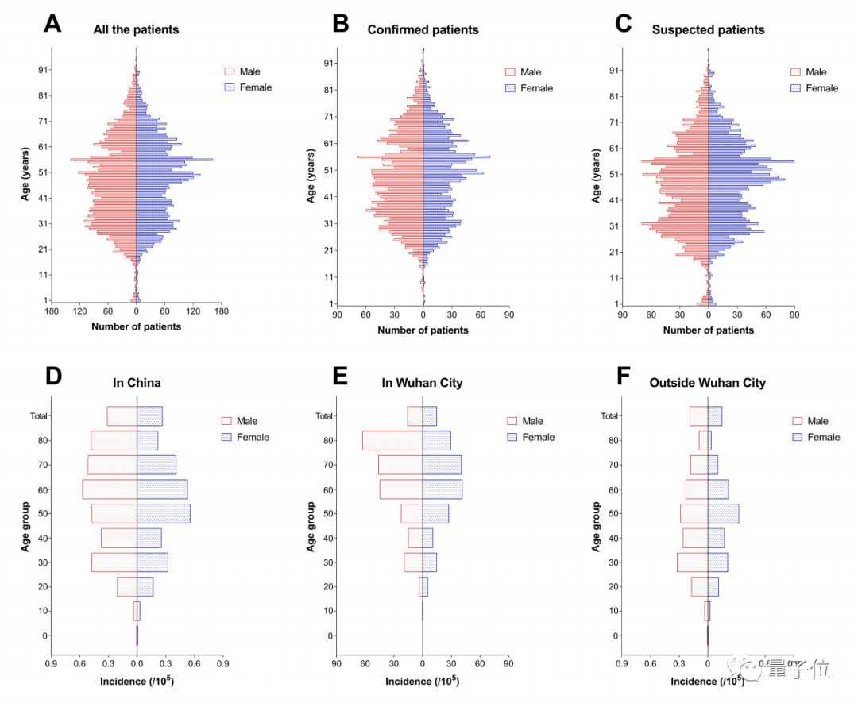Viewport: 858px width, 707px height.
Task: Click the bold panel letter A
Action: tap(52, 24)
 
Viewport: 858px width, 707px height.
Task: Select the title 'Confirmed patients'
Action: tap(423, 30)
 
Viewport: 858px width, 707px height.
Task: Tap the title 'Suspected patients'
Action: tap(708, 30)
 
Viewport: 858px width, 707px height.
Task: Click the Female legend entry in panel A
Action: tap(247, 87)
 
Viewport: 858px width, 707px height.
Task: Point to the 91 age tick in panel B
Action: tap(326, 64)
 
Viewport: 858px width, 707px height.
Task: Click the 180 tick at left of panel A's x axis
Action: tap(52, 312)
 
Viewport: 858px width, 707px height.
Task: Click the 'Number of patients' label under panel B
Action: tap(423, 330)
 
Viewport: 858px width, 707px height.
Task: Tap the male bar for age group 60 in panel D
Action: tap(110, 489)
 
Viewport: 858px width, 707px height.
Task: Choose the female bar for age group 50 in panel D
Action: tap(164, 513)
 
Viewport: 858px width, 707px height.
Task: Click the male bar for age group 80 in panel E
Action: tap(392, 440)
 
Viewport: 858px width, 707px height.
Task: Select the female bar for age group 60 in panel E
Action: tap(442, 489)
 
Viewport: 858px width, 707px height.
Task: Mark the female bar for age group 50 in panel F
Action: tap(723, 513)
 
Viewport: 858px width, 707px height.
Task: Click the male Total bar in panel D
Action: tap(122, 415)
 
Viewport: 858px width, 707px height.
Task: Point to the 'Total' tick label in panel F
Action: tap(609, 415)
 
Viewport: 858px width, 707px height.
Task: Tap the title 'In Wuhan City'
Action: tap(423, 383)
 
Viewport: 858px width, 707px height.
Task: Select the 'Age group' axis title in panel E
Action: tap(311, 526)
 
